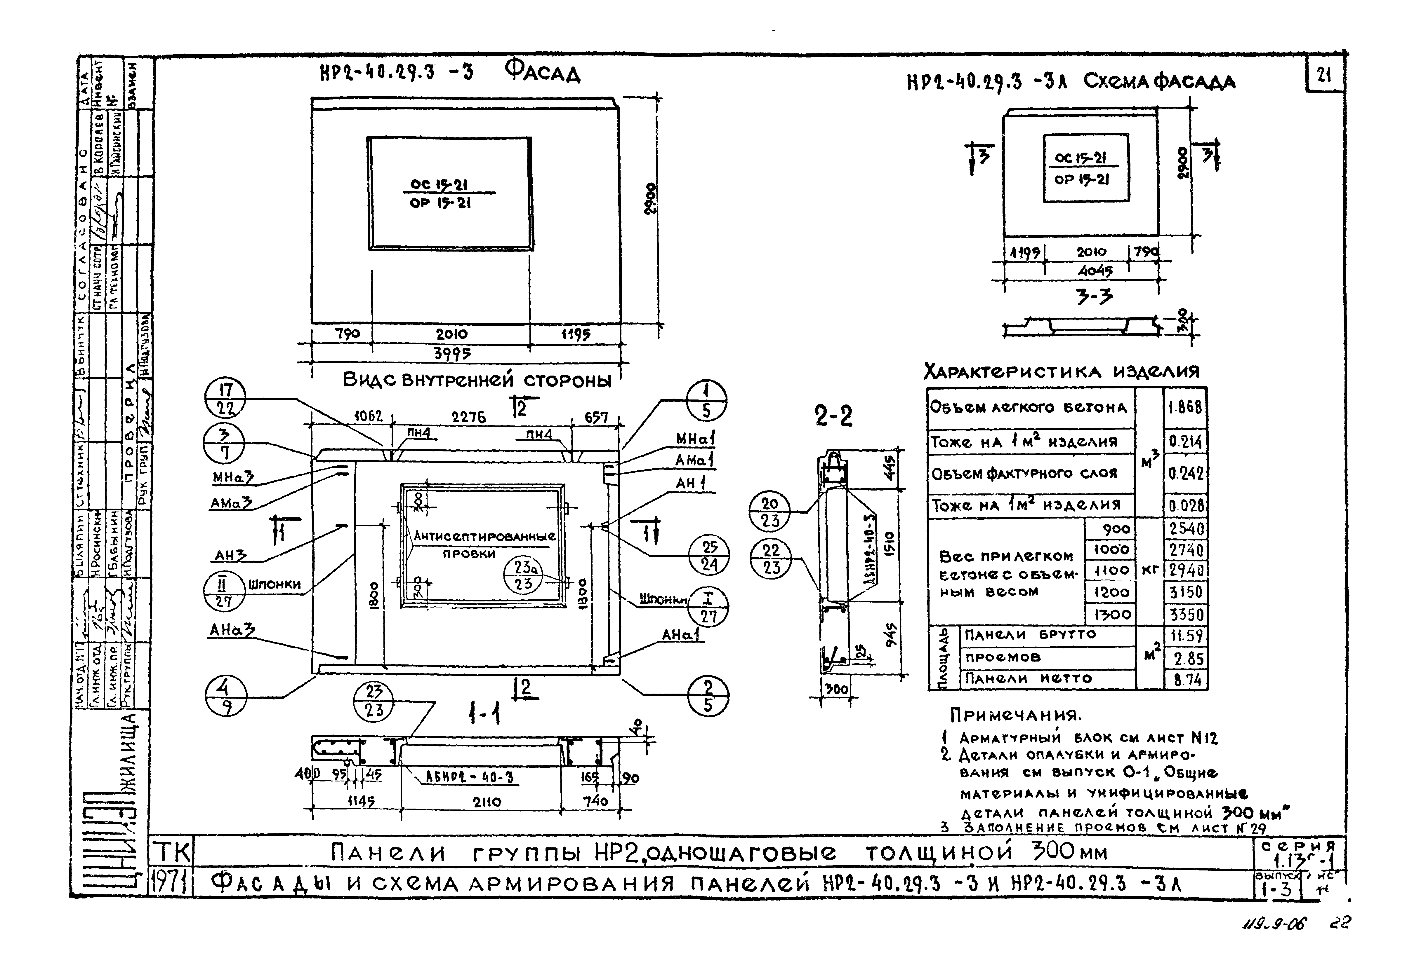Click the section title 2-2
833,417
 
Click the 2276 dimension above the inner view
468,417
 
